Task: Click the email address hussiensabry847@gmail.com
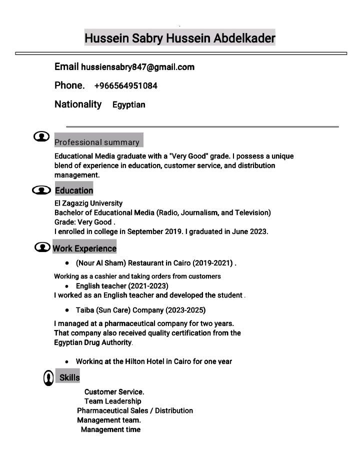137,67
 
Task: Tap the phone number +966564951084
125,86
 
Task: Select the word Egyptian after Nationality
128,105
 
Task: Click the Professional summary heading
97,142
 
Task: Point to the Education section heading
74,190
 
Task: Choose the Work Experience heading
84,248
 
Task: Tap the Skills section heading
69,377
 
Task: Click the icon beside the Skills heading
48,378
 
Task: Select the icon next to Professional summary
41,137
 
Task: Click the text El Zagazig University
88,203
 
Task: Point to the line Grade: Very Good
84,222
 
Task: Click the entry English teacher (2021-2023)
122,286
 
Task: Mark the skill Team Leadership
112,401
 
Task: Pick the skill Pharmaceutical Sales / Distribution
135,410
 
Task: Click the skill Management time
110,429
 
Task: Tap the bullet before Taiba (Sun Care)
67,310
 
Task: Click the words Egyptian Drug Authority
92,342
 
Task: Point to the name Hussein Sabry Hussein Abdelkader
179,38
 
